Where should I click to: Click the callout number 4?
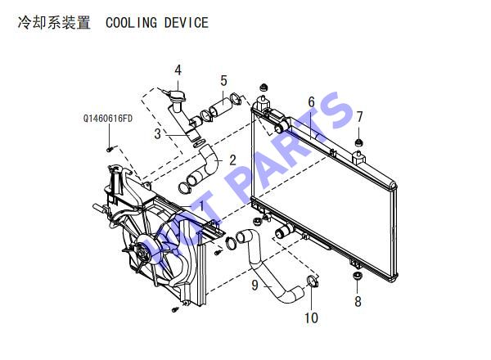(178, 70)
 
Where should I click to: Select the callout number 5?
(223, 81)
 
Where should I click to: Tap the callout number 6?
(311, 101)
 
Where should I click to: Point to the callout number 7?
(359, 117)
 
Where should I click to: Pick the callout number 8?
(358, 301)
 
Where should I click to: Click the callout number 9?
(255, 285)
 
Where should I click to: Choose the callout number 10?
(312, 318)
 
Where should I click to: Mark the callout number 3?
(157, 133)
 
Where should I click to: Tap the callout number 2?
(232, 160)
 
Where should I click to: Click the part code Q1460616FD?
(108, 119)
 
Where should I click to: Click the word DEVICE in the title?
(187, 23)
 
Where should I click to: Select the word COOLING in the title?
(131, 23)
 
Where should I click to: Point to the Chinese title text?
(54, 23)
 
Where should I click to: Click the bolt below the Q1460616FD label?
(110, 149)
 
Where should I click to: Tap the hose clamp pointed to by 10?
(313, 281)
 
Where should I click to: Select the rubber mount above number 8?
(358, 277)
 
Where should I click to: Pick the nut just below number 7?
(359, 142)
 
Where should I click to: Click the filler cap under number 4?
(176, 95)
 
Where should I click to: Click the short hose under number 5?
(220, 106)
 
